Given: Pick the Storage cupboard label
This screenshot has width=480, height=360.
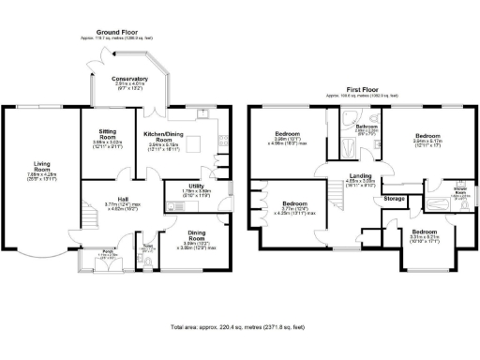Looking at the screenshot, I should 395,199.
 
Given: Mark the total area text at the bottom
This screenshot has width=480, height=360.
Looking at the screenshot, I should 239,328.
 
